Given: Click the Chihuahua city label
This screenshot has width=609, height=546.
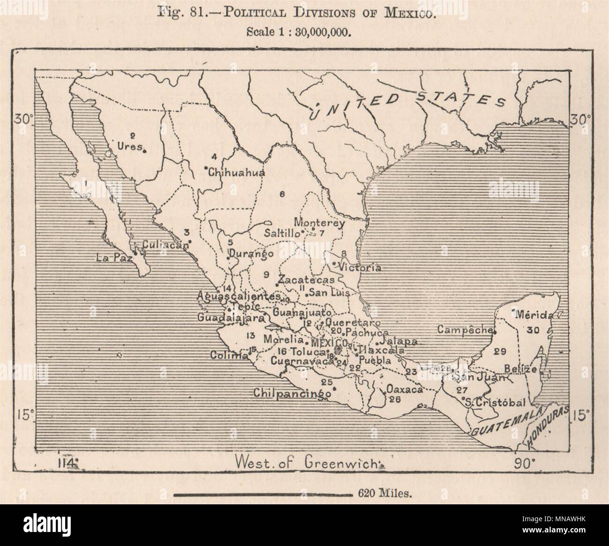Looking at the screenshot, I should click(237, 172).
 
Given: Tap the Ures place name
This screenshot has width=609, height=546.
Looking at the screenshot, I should click(131, 146).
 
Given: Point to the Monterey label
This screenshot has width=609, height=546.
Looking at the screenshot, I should click(320, 223).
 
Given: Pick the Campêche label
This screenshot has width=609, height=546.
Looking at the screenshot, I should click(463, 330).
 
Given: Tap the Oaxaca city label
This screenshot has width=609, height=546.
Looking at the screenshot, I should click(405, 389).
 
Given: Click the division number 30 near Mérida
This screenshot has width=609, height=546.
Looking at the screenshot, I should click(533, 330).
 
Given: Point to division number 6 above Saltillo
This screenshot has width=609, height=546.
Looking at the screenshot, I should click(282, 194).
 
